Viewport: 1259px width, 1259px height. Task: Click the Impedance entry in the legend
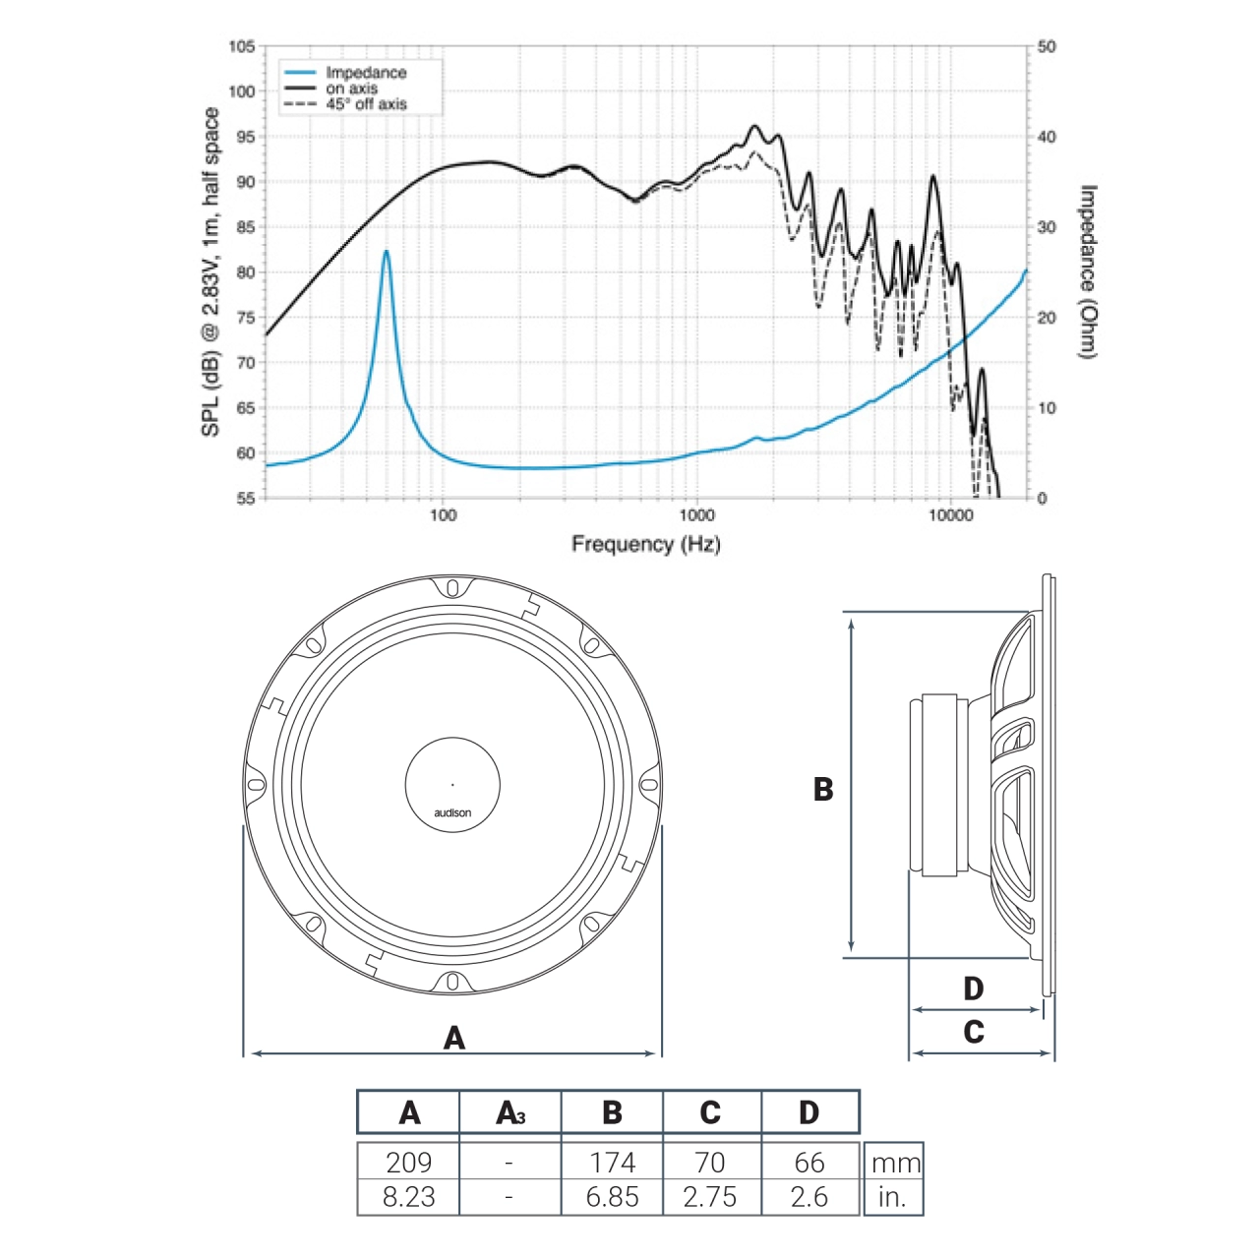click(x=365, y=73)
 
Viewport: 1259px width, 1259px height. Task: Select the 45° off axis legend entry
click(x=365, y=104)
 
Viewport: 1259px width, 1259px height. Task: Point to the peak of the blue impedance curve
click(x=387, y=252)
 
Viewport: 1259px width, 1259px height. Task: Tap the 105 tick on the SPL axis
click(x=242, y=46)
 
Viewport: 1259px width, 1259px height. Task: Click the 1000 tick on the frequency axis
click(x=696, y=514)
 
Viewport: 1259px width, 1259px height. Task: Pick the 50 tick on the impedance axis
click(x=1047, y=46)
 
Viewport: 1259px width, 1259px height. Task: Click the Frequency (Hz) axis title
click(x=645, y=544)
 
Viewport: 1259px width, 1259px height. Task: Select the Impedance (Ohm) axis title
click(x=1088, y=271)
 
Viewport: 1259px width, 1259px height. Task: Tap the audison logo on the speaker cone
click(x=452, y=812)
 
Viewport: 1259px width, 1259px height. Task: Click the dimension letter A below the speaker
click(x=453, y=1038)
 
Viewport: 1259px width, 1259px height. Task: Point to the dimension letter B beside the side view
click(x=823, y=789)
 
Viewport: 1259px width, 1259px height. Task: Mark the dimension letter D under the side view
click(x=973, y=989)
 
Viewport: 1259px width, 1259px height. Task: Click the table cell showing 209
click(x=408, y=1162)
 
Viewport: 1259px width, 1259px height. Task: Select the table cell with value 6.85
click(x=612, y=1197)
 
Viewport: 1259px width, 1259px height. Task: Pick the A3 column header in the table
click(x=510, y=1112)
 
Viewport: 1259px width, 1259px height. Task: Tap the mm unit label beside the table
click(x=895, y=1164)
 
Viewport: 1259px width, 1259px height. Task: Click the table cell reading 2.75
click(x=710, y=1197)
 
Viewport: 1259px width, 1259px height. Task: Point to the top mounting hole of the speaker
click(x=452, y=588)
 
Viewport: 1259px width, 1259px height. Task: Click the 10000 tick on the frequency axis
click(x=950, y=514)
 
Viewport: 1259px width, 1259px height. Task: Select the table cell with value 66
click(x=809, y=1162)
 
